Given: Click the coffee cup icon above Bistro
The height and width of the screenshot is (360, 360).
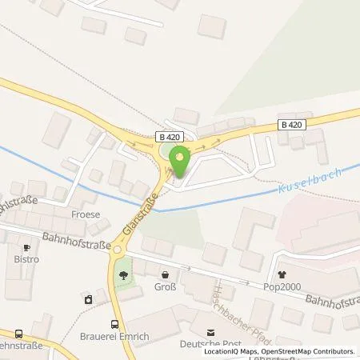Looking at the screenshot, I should [x=26, y=249].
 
